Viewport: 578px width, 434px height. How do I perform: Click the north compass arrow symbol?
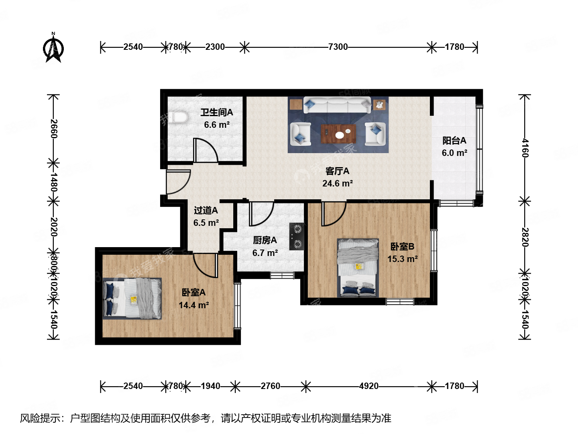coord(53,49)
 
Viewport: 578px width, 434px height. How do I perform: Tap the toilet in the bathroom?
coord(178,117)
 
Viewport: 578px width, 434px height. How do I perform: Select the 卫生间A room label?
coord(216,113)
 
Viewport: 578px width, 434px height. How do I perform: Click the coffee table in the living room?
coord(338,134)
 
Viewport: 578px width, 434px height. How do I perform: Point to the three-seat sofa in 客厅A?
coord(337,105)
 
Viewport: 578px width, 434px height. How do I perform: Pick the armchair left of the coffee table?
coord(300,134)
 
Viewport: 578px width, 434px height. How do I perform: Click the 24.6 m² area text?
coord(337,184)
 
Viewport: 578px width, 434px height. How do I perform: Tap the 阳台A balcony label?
coord(454,141)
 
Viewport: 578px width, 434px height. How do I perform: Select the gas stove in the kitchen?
coord(297,236)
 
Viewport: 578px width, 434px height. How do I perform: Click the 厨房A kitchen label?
coord(265,240)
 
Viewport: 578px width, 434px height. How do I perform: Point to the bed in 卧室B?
coord(358,268)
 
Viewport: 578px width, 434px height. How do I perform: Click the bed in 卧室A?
coord(132,299)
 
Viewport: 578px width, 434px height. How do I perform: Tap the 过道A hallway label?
coord(206,210)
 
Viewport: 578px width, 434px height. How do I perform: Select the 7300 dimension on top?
coord(338,47)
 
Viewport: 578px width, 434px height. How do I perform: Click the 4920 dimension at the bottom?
coord(368,386)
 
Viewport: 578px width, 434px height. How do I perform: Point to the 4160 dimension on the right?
coord(525,147)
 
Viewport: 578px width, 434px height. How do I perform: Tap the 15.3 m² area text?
coord(402,259)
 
